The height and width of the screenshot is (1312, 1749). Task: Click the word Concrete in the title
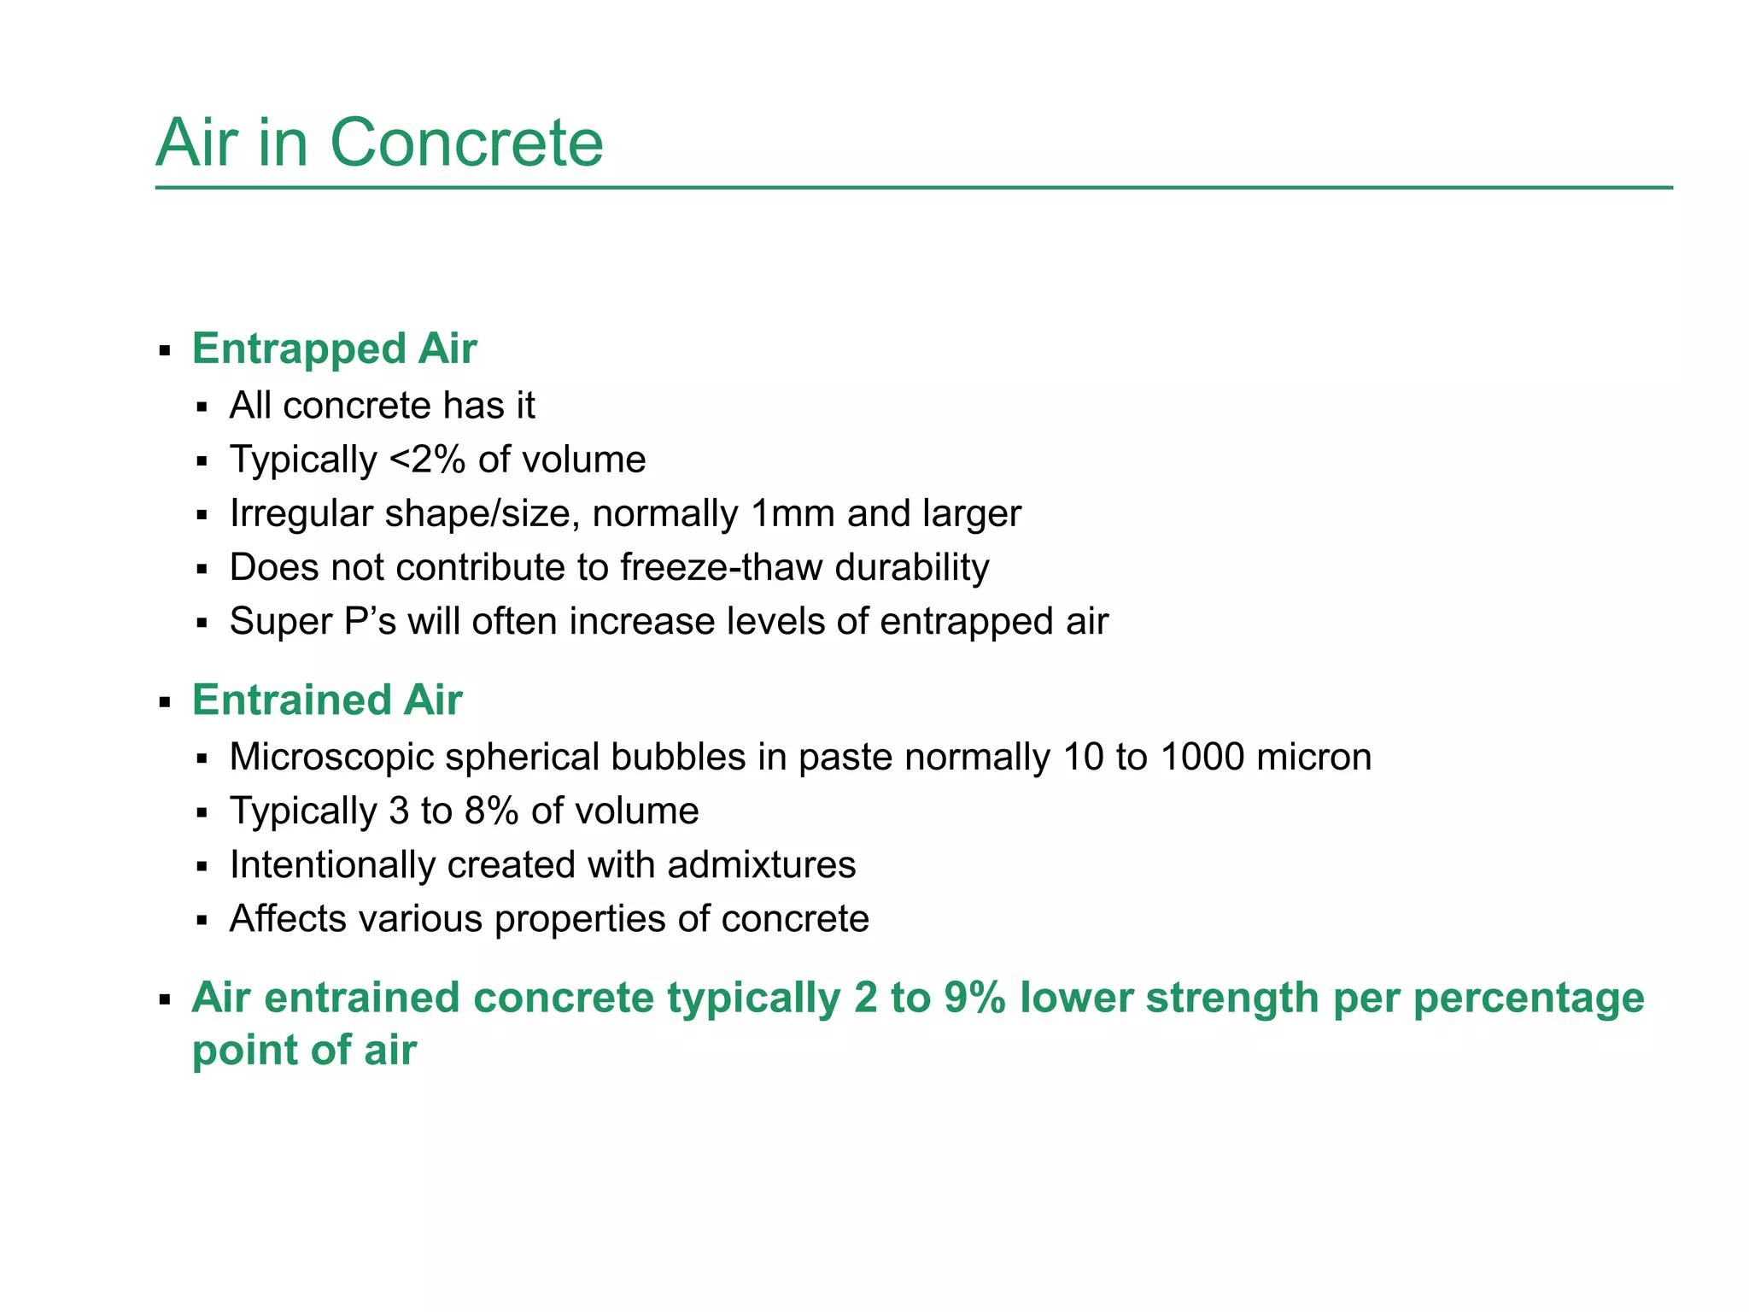[466, 143]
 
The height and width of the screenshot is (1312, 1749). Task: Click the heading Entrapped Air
[334, 348]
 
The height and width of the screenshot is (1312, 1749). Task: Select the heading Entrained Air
[327, 700]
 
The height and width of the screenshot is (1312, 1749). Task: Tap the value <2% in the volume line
[427, 460]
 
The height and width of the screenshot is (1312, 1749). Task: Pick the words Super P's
[313, 621]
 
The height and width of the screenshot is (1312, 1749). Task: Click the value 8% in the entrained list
[491, 811]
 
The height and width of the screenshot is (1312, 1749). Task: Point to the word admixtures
[761, 865]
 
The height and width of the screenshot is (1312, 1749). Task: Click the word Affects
[288, 919]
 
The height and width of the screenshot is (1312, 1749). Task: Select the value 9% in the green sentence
[974, 998]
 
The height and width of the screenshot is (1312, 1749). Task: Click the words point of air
[304, 1050]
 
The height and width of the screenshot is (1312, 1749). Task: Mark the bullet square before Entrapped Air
[165, 351]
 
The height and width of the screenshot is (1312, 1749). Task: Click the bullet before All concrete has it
[202, 407]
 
